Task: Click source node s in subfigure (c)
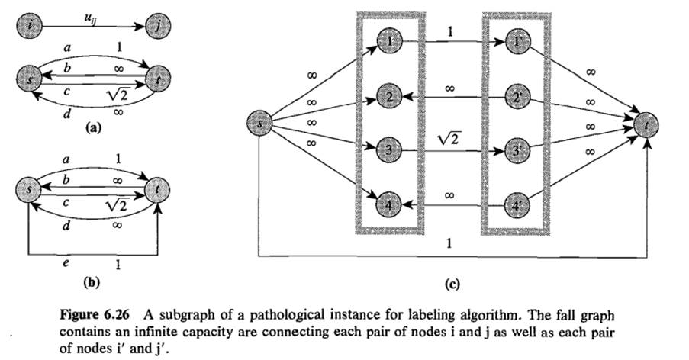pos(260,124)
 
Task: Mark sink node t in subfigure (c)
pos(648,124)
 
